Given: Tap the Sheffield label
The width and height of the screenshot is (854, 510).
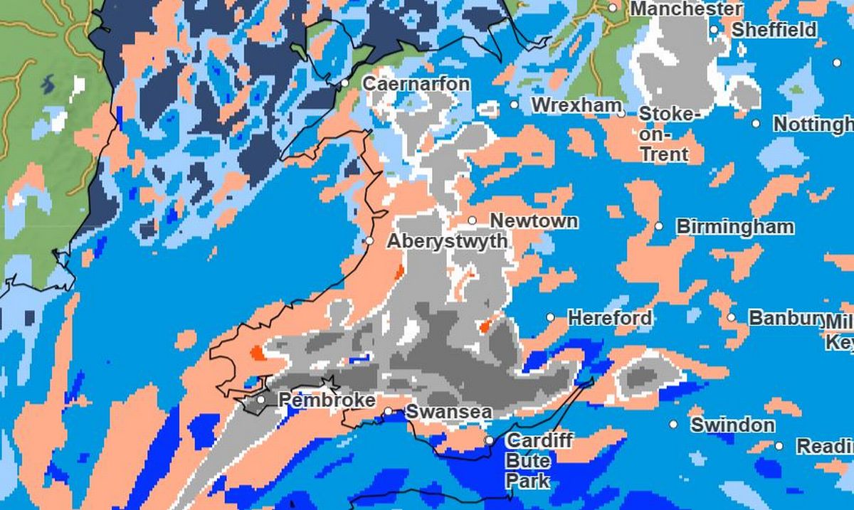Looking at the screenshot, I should click(x=774, y=30).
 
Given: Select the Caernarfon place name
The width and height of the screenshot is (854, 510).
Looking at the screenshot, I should click(x=416, y=84).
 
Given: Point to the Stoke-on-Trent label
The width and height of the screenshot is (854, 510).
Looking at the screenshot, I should click(x=670, y=134).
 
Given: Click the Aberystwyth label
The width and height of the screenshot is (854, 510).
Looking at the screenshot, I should click(x=447, y=241).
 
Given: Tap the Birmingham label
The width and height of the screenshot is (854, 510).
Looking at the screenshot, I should click(x=735, y=227).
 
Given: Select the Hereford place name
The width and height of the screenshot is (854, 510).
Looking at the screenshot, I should click(x=609, y=317).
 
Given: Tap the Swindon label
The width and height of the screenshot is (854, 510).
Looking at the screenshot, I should click(x=732, y=425).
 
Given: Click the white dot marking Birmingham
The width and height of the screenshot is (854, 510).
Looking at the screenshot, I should click(x=659, y=226).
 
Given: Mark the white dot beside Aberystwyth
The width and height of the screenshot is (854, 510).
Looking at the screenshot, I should click(x=369, y=241).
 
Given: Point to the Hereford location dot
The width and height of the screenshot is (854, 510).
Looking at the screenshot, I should click(x=550, y=317).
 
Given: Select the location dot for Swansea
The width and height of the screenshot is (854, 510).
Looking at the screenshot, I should click(x=389, y=412).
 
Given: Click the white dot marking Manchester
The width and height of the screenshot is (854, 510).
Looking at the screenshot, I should click(x=613, y=8).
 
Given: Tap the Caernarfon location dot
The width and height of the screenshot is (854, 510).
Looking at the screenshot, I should click(x=345, y=83).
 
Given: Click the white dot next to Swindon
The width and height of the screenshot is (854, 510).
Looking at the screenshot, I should click(x=673, y=425).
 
